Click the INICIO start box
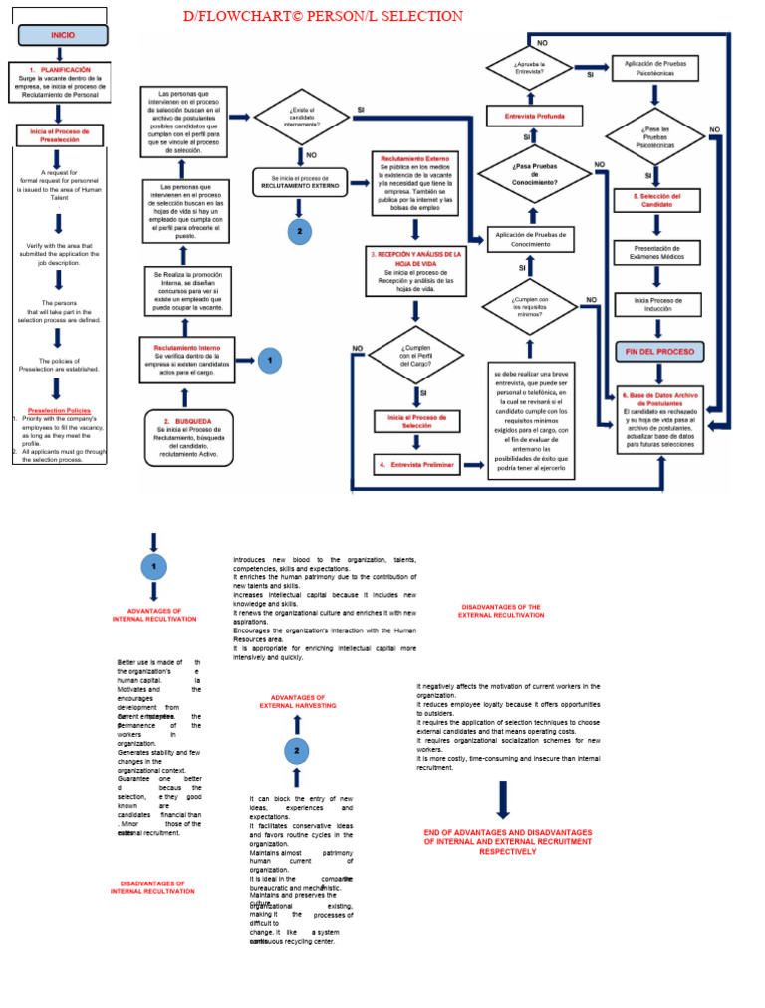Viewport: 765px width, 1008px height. pyautogui.click(x=63, y=35)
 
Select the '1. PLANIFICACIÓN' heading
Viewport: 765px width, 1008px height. pyautogui.click(x=60, y=70)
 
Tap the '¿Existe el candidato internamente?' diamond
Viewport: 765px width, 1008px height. pyautogui.click(x=302, y=118)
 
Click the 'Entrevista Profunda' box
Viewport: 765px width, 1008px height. pyautogui.click(x=527, y=117)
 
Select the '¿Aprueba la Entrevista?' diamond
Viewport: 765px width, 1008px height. pyautogui.click(x=529, y=68)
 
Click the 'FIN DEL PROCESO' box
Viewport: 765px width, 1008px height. pyautogui.click(x=658, y=352)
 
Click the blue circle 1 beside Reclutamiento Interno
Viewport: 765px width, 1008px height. pyautogui.click(x=270, y=360)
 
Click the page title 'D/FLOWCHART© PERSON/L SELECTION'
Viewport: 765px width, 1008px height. pyautogui.click(x=323, y=16)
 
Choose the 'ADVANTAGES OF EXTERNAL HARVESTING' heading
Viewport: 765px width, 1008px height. pyautogui.click(x=298, y=702)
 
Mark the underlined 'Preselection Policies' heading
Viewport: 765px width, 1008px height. pyautogui.click(x=59, y=410)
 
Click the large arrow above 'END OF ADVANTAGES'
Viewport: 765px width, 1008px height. pyautogui.click(x=503, y=800)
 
